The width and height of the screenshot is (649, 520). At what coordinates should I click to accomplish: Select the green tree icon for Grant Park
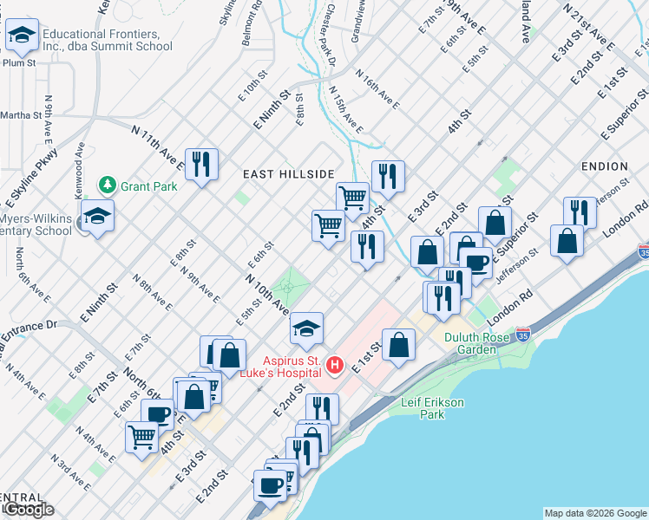tap(107, 185)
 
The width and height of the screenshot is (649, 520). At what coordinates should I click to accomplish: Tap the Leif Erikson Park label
tap(435, 408)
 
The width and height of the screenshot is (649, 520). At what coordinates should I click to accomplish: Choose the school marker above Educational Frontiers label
tap(20, 36)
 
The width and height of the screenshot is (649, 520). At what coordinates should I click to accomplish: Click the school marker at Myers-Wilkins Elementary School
tap(97, 215)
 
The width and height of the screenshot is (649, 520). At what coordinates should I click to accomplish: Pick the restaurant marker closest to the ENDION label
tap(580, 211)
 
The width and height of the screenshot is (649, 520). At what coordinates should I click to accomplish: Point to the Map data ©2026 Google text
tap(595, 513)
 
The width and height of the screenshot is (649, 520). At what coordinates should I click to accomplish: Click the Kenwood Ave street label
tap(78, 161)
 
